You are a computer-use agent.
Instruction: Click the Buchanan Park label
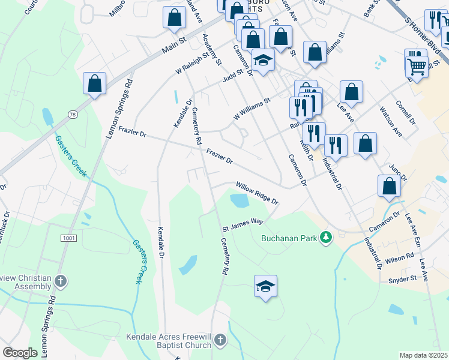click(288, 238)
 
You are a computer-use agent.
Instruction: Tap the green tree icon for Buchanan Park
click(326, 238)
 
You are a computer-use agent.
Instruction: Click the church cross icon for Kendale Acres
click(220, 341)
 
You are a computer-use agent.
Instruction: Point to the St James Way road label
click(243, 225)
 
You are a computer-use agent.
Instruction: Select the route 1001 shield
click(68, 238)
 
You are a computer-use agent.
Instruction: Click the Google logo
click(20, 353)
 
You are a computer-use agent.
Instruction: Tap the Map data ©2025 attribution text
click(424, 355)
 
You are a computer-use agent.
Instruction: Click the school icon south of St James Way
click(265, 286)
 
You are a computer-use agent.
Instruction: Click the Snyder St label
click(402, 280)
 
